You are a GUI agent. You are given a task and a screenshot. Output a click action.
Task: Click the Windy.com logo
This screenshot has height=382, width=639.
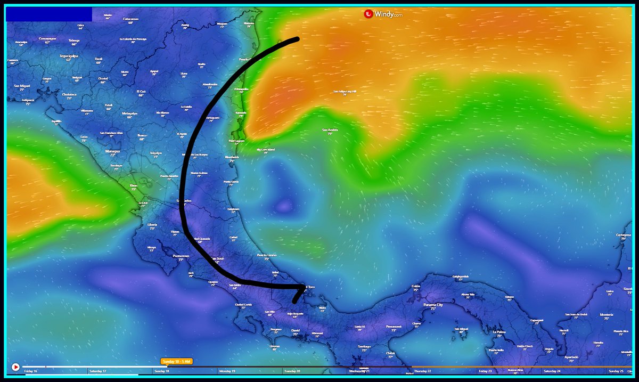383,14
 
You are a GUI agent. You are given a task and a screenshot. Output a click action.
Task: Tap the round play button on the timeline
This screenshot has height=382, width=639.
15,367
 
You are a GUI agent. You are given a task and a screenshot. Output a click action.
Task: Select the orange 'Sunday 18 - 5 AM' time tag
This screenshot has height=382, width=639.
176,361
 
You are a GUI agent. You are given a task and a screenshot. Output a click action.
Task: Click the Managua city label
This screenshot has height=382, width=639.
112,151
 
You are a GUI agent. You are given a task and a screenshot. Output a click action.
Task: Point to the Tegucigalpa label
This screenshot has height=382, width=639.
69,56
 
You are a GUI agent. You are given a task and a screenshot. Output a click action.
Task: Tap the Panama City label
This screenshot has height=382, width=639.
433,305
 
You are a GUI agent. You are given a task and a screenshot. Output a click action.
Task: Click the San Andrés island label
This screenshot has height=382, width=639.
330,130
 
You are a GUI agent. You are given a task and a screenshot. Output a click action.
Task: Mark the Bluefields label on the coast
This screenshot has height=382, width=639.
232,158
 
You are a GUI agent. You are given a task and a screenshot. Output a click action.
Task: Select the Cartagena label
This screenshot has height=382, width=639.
624,234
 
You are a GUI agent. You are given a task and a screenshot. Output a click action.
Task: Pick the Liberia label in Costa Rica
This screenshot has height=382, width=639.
152,225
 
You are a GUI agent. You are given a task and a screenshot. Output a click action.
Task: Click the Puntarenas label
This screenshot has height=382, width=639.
181,256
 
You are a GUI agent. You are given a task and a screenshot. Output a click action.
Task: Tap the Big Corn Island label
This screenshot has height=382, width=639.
266,150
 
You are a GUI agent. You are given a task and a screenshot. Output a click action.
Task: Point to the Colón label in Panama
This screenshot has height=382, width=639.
416,286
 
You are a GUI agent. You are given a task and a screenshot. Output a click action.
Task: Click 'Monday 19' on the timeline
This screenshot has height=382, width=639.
227,371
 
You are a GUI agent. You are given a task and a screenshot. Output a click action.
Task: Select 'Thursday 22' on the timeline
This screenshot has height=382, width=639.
423,371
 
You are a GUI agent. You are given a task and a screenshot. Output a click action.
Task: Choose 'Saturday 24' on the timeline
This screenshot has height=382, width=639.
552,371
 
